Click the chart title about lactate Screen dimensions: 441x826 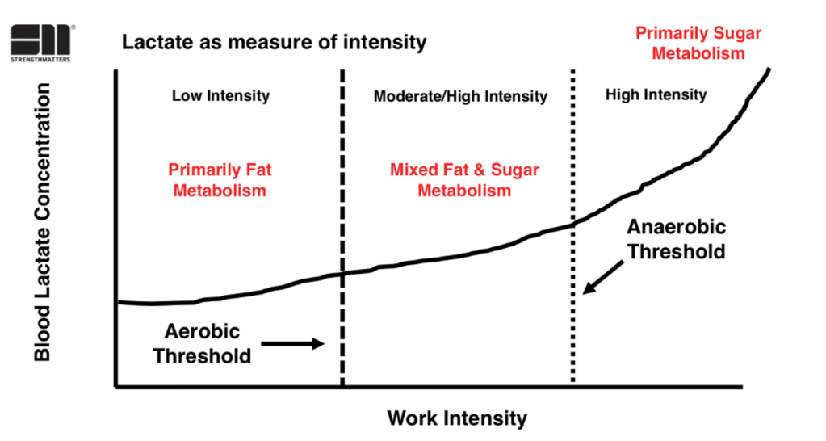(274, 42)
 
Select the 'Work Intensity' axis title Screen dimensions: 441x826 (457, 418)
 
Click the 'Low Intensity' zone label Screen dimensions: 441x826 (220, 96)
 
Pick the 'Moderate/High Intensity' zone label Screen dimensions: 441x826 (460, 97)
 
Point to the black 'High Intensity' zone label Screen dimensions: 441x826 (656, 95)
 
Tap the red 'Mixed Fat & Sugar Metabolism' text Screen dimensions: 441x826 (464, 180)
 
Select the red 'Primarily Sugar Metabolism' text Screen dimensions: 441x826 (698, 43)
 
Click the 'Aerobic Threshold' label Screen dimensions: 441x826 (203, 343)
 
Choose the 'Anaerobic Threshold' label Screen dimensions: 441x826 (677, 239)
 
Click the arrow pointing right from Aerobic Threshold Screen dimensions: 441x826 (292, 343)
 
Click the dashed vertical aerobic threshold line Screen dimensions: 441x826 (342, 162)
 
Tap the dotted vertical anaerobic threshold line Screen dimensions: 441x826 (573, 323)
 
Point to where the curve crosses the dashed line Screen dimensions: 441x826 (342, 273)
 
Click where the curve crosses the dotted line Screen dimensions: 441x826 (573, 223)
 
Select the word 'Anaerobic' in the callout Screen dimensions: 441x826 (677, 227)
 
